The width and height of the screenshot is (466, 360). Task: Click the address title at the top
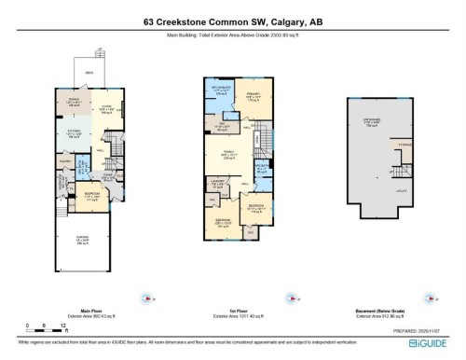tap(233, 21)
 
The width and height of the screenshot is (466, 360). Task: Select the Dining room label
tap(73, 104)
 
